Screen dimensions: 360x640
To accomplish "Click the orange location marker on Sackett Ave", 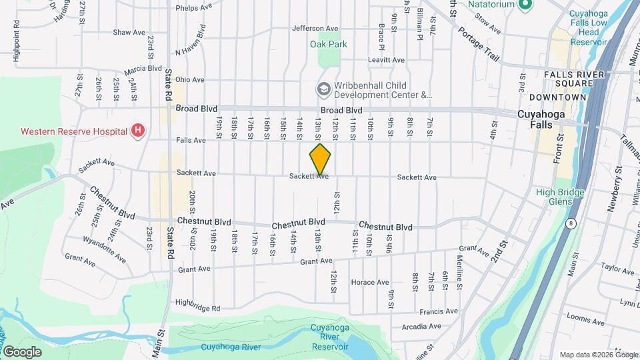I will tap(320, 159).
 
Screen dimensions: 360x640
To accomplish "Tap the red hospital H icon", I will tap(138, 130).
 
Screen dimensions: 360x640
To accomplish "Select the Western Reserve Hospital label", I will tap(74, 131).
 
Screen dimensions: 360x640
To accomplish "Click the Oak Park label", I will tap(329, 45).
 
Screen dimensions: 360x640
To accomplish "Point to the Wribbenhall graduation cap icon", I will tap(323, 89).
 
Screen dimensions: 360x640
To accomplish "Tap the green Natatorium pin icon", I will tap(524, 5).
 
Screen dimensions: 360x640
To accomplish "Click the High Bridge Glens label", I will tap(560, 197).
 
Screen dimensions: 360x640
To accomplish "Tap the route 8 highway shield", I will tap(571, 224).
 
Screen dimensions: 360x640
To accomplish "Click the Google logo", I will tap(22, 351).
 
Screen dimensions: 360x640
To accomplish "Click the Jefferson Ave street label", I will tap(315, 29).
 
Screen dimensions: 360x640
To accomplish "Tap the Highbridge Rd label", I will tap(197, 305).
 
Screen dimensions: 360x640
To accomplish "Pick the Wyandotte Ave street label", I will tap(104, 247).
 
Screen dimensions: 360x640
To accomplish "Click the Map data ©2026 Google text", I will tap(597, 355).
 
